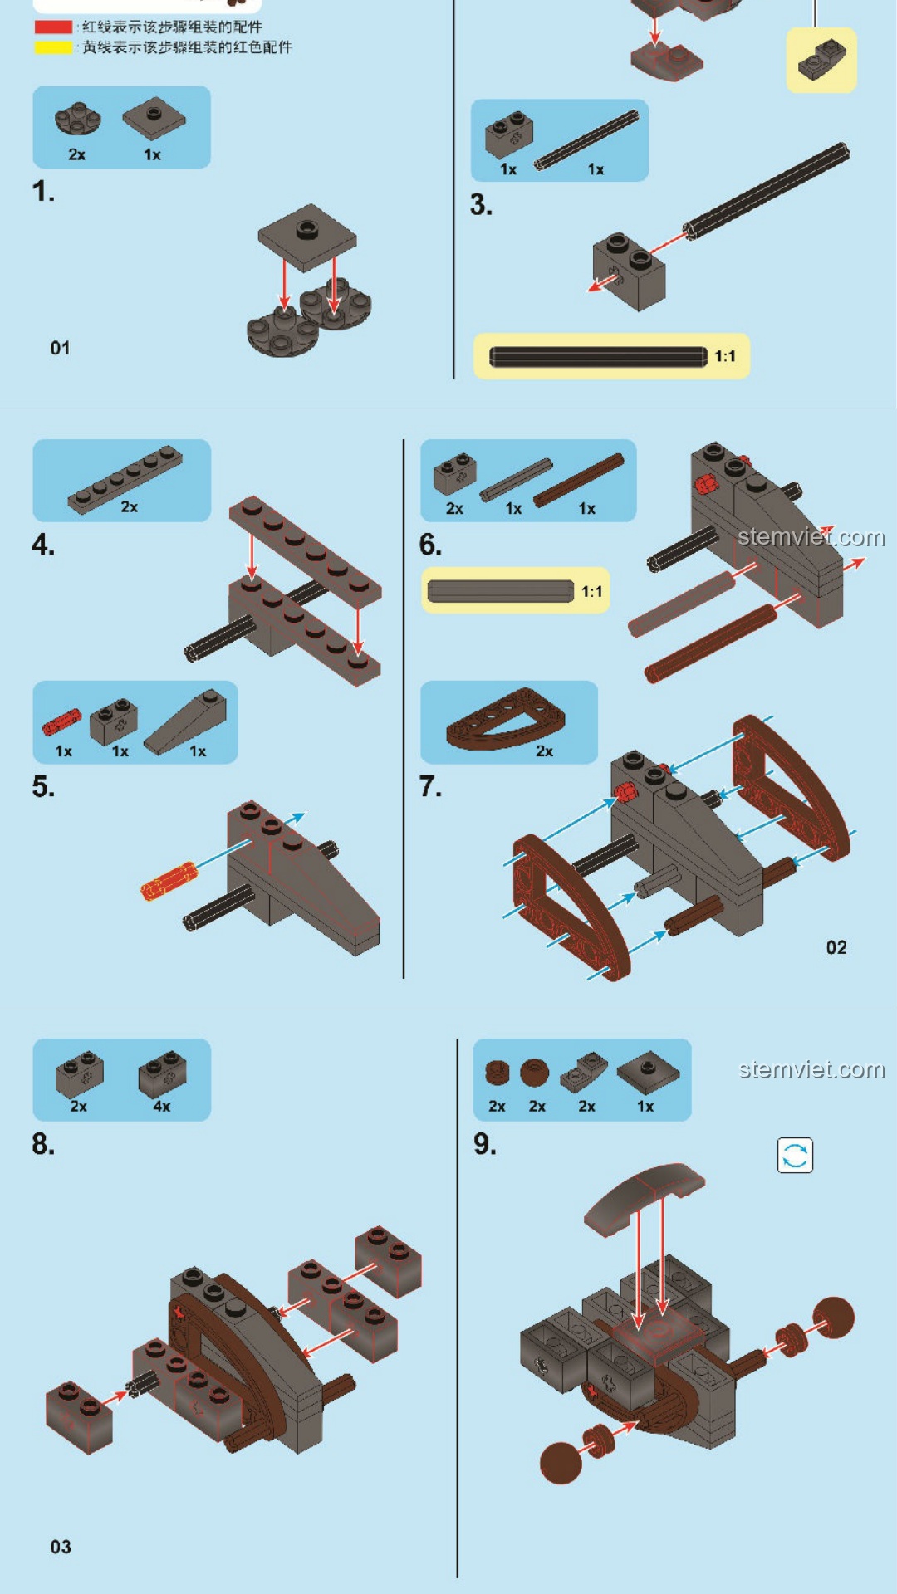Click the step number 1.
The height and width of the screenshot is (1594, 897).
pyautogui.click(x=43, y=193)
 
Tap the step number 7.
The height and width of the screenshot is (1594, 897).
pyautogui.click(x=429, y=786)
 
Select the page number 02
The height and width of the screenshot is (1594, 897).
pyautogui.click(x=836, y=948)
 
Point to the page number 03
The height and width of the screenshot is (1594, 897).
pyautogui.click(x=61, y=1547)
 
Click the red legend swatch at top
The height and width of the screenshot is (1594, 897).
pyautogui.click(x=53, y=27)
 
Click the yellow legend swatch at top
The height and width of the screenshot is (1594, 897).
pyautogui.click(x=53, y=47)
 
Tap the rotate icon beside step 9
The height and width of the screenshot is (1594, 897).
pyautogui.click(x=795, y=1155)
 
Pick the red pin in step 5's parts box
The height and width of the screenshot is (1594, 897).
pyautogui.click(x=61, y=721)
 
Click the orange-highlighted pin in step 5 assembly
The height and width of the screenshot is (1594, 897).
pyautogui.click(x=169, y=882)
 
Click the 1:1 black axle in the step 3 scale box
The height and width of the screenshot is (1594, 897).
pyautogui.click(x=598, y=357)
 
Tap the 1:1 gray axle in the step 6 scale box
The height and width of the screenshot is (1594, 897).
pyautogui.click(x=500, y=591)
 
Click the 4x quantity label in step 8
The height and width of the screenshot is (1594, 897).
pyautogui.click(x=162, y=1107)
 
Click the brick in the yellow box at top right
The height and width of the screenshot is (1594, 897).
pyautogui.click(x=821, y=59)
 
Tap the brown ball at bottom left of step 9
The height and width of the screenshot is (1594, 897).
pyautogui.click(x=561, y=1463)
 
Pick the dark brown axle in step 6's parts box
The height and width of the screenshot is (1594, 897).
pyautogui.click(x=578, y=480)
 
